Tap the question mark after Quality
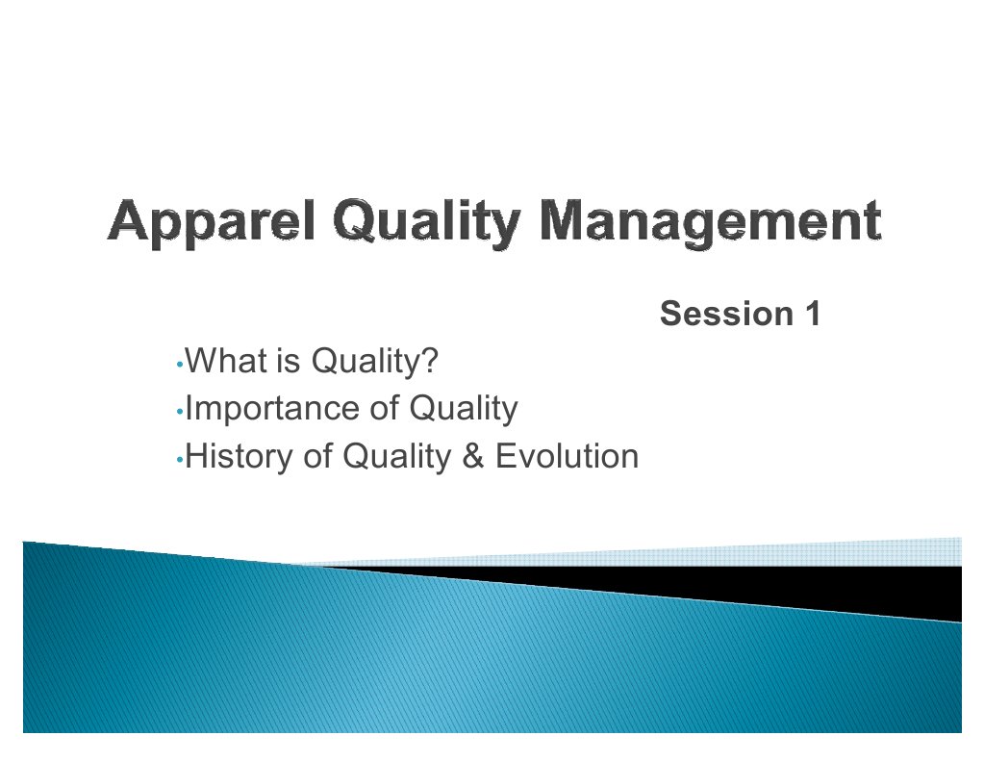(x=431, y=363)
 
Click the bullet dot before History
(x=180, y=460)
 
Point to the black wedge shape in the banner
(x=866, y=589)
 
